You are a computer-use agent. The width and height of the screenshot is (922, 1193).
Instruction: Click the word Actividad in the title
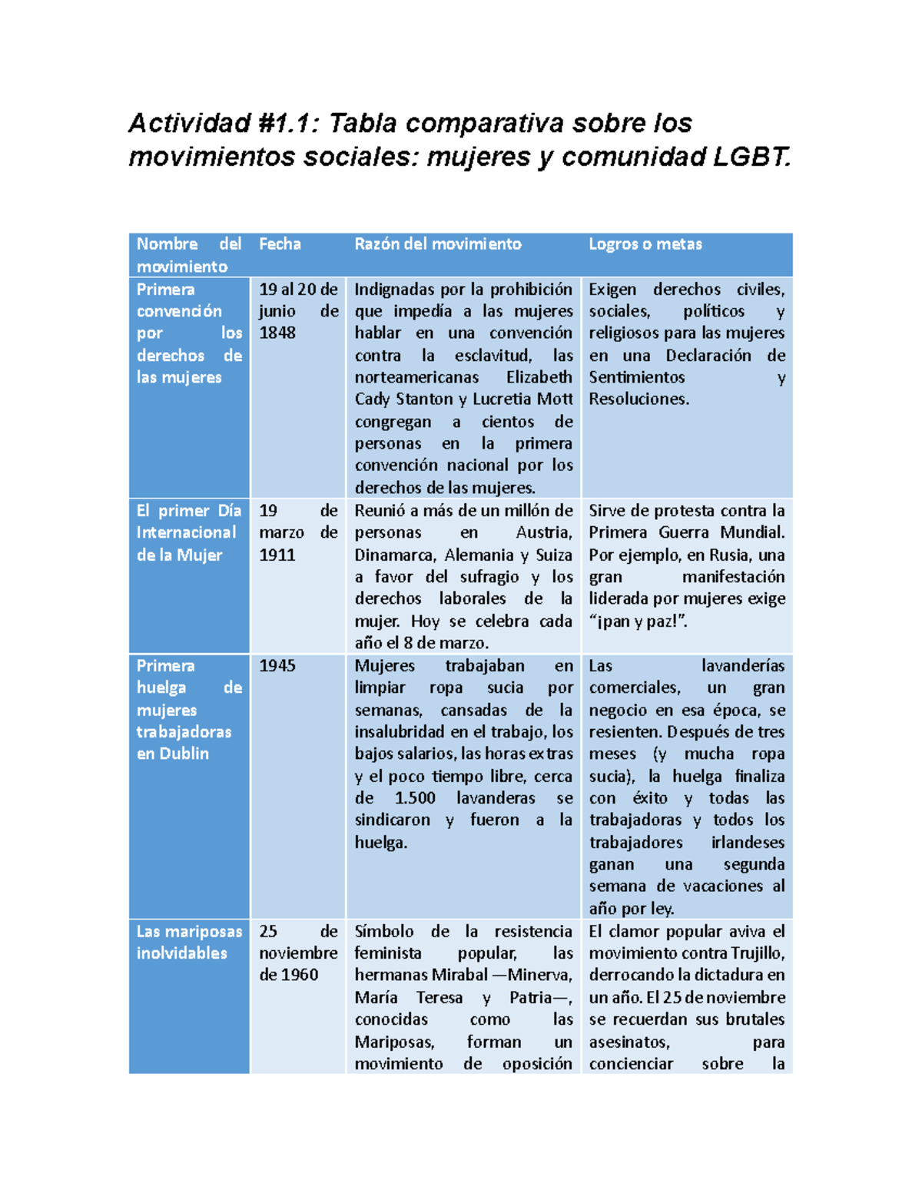(189, 123)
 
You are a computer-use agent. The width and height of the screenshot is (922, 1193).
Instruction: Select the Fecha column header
(280, 244)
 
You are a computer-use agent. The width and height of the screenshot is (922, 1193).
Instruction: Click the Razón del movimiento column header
(437, 244)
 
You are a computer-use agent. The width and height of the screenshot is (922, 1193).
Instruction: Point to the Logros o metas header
(645, 244)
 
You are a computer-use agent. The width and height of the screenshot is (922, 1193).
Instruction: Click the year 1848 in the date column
(277, 333)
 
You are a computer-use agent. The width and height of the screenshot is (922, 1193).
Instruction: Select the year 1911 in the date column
(277, 555)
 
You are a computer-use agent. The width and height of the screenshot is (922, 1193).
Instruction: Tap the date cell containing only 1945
(277, 666)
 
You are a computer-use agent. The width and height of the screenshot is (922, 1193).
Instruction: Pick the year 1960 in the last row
(300, 975)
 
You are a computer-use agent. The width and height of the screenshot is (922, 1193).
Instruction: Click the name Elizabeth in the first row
(539, 377)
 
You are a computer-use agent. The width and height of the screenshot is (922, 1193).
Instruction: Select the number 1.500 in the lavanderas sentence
(415, 798)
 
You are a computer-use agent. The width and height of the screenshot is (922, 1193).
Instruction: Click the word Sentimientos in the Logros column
(636, 377)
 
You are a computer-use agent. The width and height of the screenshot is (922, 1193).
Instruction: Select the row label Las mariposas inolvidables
(188, 943)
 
